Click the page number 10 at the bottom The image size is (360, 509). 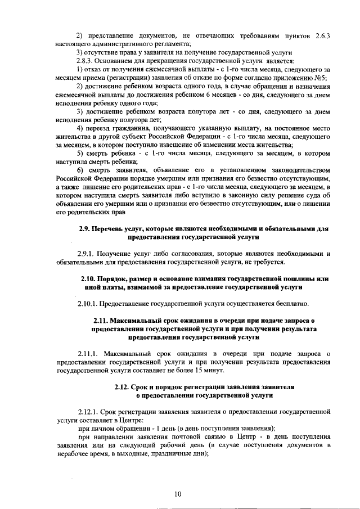point(178,494)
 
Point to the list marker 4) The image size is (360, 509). point(80,134)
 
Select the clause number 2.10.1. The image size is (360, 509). point(89,304)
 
